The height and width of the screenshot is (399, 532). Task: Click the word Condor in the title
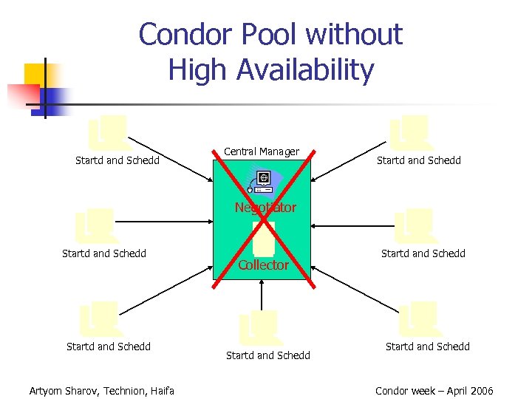[180, 35]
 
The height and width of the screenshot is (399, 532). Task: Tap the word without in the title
[355, 35]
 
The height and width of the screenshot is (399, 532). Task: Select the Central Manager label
[262, 151]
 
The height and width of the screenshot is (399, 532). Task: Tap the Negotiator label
[265, 208]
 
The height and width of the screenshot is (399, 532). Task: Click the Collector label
[263, 265]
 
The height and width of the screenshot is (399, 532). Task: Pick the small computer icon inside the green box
[263, 180]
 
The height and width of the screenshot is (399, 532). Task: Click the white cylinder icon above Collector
[263, 238]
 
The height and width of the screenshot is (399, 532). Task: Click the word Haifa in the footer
[162, 391]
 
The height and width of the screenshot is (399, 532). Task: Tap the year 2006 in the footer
[480, 391]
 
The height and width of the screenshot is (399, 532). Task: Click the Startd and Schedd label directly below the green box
[268, 355]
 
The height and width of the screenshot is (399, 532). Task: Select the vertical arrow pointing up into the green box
[262, 296]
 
